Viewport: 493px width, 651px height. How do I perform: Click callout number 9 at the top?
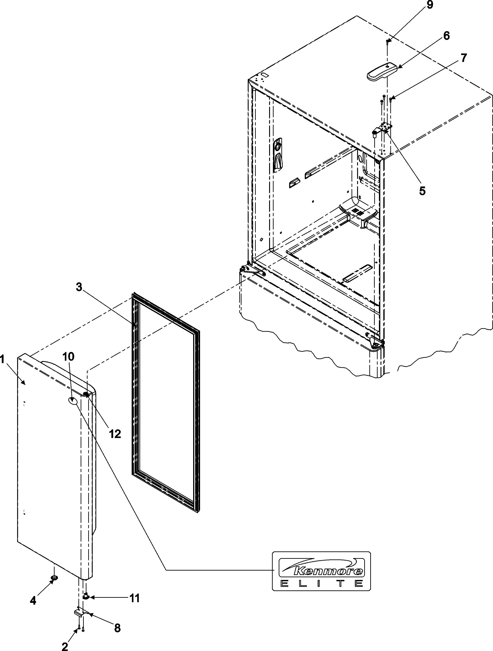click(430, 6)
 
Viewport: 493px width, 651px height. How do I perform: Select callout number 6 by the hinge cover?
click(446, 36)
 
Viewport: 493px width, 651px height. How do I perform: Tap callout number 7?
click(464, 58)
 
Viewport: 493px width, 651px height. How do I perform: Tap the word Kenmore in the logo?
click(328, 571)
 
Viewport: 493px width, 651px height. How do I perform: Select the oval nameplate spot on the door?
click(73, 401)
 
